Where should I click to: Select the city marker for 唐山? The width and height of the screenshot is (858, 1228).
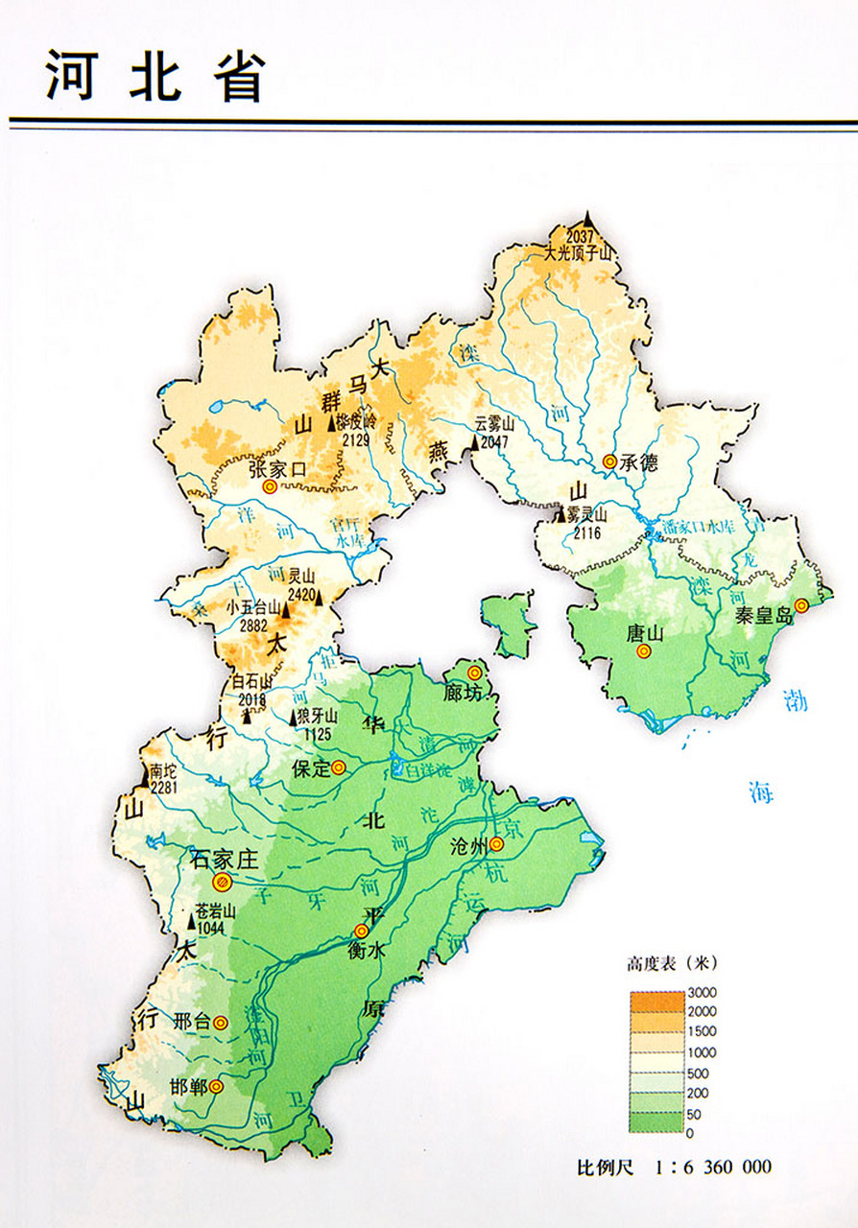643,651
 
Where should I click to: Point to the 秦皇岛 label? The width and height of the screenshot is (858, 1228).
763,616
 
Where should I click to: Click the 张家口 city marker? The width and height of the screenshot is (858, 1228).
270,487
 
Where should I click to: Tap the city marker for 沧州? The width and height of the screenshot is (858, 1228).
496,844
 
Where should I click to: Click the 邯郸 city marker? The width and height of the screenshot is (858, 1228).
217,1087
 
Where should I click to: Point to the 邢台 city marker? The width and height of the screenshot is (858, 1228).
222,1023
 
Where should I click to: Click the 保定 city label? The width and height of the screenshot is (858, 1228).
312,768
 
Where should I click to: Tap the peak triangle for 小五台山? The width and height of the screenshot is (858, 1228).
284,610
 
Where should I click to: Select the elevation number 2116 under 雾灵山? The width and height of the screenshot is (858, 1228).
587,532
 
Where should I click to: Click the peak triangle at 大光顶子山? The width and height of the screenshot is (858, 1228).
587,222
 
